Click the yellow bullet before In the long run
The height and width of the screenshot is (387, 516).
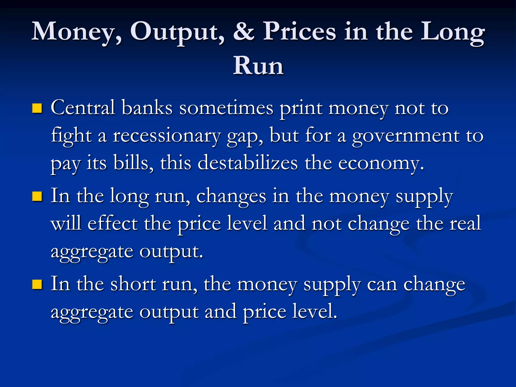37,196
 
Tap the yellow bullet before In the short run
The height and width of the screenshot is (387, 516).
37,284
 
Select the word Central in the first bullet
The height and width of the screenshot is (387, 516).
83,108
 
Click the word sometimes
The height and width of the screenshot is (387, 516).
226,108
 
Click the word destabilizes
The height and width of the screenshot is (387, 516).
247,163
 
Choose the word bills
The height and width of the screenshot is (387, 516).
133,163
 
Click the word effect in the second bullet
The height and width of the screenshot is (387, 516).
112,223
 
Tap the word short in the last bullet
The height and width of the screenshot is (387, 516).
133,284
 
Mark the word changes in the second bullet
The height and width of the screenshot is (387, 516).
231,196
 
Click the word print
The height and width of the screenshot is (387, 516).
301,108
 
